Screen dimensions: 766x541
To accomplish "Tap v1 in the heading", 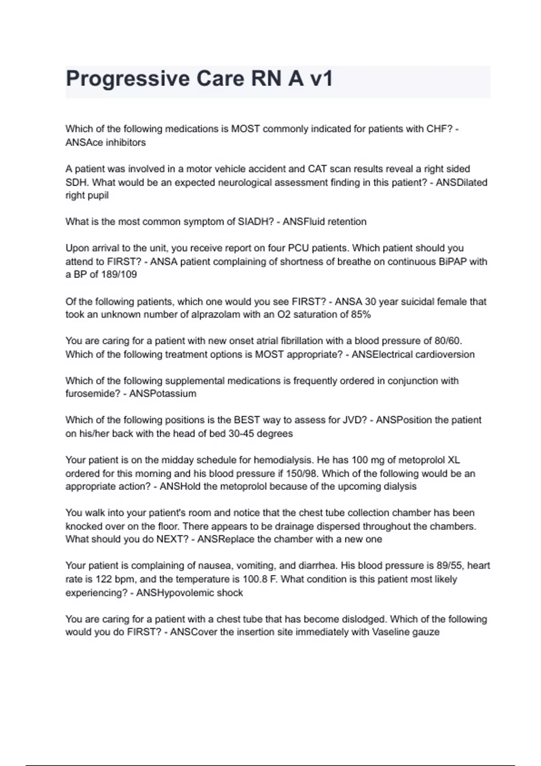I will pos(321,79).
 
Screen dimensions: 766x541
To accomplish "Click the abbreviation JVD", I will pos(357,420).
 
